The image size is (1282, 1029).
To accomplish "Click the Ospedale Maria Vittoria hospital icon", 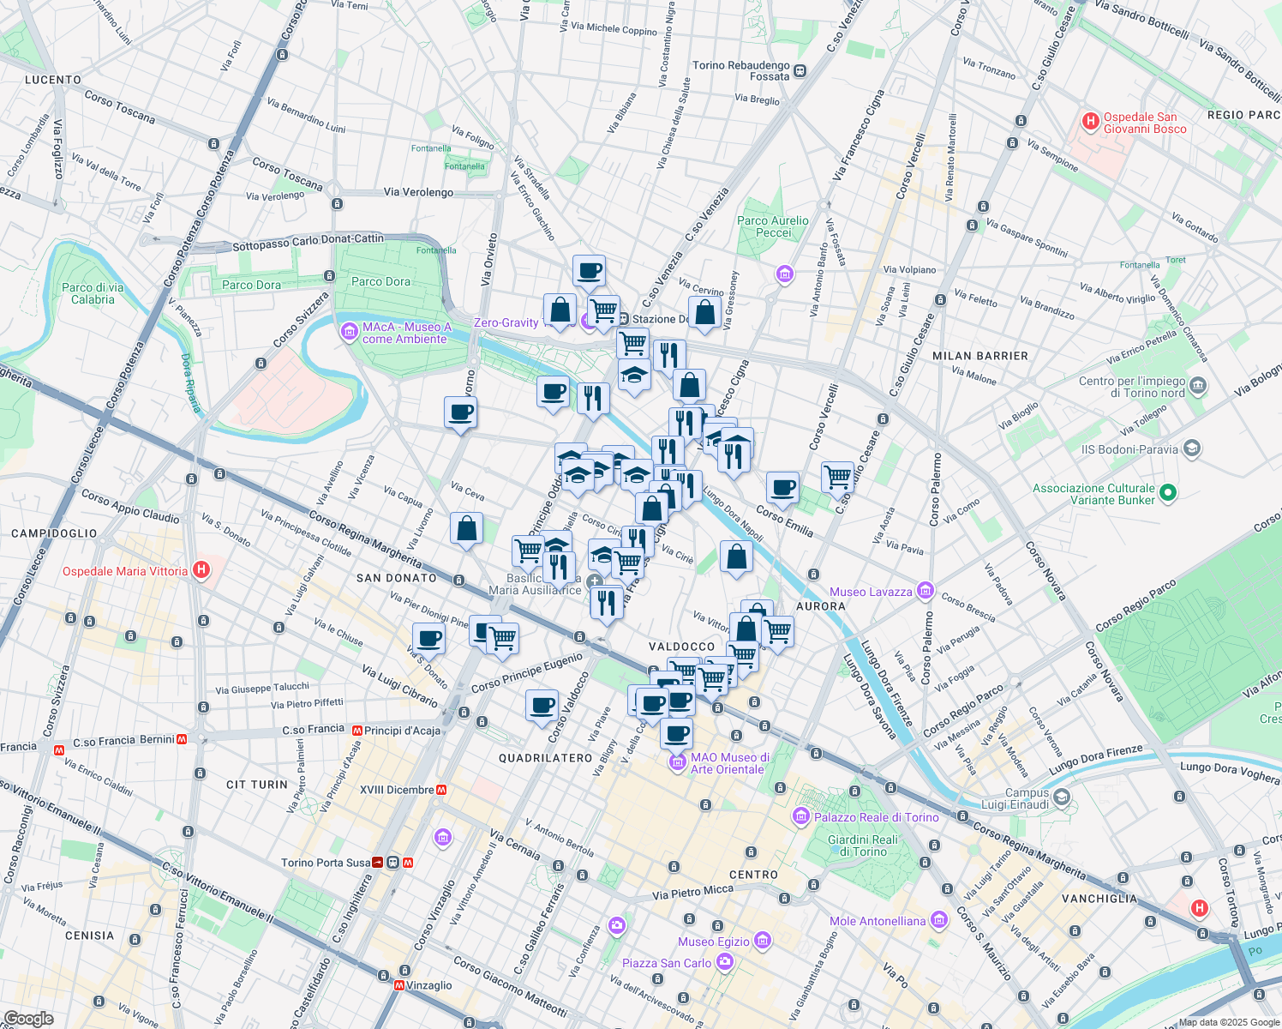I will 201,570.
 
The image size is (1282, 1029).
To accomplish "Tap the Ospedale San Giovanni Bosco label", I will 1145,123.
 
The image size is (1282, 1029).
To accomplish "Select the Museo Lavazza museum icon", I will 925,591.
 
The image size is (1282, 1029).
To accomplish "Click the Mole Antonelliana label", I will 878,921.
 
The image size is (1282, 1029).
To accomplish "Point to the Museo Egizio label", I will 714,942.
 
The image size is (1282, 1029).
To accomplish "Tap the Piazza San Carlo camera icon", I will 725,962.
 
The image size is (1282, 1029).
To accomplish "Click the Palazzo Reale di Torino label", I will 876,817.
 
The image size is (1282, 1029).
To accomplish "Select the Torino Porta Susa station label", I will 326,863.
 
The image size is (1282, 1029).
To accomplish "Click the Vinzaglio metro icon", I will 399,985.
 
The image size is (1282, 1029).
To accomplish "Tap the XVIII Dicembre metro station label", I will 397,790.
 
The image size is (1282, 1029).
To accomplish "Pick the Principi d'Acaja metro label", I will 402,731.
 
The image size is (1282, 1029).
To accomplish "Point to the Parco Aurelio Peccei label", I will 772,226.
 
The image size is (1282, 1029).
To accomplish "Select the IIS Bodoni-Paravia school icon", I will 1191,448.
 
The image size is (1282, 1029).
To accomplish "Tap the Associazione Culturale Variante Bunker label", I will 1093,494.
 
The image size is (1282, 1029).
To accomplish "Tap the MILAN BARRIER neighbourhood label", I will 979,356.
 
